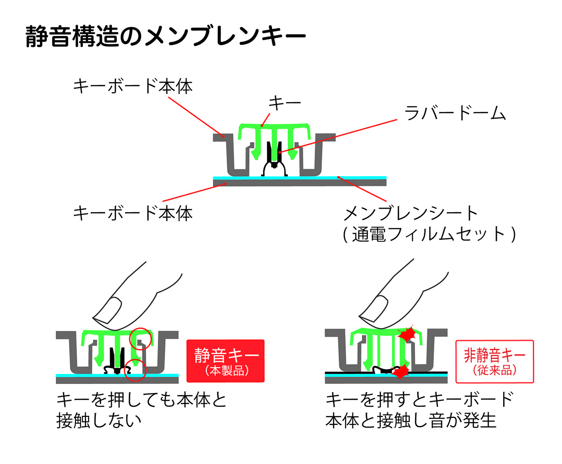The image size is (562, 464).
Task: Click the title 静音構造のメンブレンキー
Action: (x=165, y=36)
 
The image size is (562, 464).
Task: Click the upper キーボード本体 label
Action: (x=133, y=86)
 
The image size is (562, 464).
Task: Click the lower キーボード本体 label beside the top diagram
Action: (x=133, y=213)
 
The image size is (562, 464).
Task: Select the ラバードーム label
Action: (x=455, y=113)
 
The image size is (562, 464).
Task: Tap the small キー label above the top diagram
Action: (x=285, y=103)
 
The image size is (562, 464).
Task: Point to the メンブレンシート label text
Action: (x=410, y=213)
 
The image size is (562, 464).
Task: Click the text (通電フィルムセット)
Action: (x=429, y=234)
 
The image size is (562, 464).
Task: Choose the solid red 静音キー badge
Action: (x=226, y=361)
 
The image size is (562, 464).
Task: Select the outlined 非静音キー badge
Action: (x=495, y=361)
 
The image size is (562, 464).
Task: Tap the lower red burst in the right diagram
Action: (x=400, y=371)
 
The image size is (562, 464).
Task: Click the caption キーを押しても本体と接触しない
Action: (x=142, y=410)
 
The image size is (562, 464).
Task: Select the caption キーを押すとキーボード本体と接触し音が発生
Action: (x=418, y=410)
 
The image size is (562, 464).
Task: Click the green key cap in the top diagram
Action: (x=274, y=129)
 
